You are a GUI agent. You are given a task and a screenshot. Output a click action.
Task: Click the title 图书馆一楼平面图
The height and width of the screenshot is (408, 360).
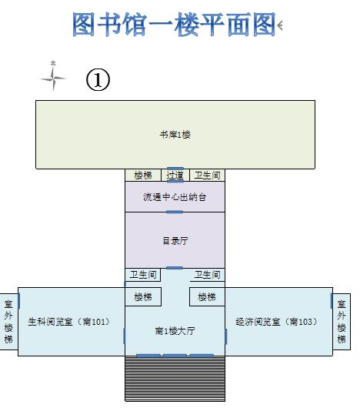173,25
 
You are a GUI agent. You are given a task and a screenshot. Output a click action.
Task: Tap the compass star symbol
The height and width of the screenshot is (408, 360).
53,76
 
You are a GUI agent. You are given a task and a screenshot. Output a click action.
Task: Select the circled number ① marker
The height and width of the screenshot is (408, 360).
98,79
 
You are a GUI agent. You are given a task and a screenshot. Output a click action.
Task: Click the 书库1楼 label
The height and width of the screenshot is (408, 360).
175,135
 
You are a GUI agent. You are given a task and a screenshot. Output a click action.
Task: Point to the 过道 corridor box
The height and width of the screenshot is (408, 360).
175,175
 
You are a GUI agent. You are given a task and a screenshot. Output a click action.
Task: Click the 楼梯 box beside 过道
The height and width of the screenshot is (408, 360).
143,175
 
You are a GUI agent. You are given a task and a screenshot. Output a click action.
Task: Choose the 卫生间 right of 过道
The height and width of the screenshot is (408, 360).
207,175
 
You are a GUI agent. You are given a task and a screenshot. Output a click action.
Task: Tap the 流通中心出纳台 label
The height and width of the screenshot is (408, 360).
175,197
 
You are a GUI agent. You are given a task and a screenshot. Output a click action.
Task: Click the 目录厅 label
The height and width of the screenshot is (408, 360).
175,241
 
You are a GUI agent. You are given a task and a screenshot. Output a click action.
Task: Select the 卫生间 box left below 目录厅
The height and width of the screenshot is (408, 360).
143,275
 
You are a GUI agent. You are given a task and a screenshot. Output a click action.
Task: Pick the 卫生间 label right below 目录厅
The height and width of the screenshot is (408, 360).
207,275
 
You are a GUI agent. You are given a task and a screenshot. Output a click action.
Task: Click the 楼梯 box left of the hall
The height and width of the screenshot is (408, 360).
143,296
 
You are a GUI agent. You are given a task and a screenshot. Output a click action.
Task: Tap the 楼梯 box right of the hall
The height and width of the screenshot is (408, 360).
207,296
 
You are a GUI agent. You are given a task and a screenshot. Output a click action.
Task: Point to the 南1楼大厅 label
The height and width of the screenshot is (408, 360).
175,331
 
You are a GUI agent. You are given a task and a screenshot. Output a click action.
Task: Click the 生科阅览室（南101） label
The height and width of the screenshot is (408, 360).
69,322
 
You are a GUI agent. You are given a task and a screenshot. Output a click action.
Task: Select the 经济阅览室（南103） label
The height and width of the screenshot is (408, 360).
277,322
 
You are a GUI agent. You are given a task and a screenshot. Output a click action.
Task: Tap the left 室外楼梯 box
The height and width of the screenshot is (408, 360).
8,322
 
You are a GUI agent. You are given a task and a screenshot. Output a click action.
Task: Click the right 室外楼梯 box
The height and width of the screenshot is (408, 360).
342,322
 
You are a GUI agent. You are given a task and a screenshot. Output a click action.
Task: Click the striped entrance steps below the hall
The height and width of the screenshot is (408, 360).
175,379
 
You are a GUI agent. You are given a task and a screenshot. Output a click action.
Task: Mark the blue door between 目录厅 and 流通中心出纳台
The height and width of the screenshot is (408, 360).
175,212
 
